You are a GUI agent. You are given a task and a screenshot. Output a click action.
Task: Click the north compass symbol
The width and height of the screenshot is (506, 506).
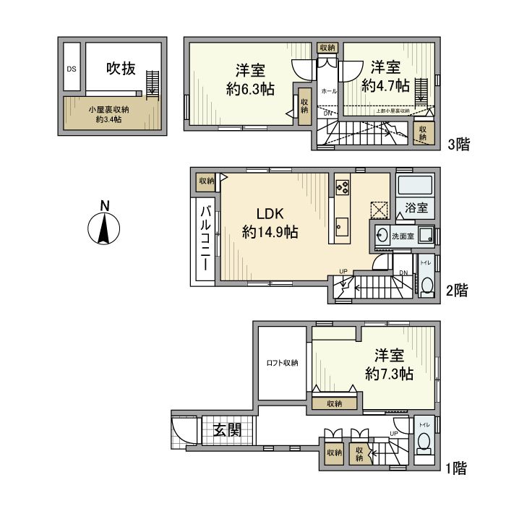(x=104, y=227)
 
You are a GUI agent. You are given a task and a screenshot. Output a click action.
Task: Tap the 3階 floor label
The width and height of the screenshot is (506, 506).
(x=458, y=144)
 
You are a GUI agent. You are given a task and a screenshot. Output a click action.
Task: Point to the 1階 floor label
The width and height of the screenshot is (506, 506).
(x=456, y=468)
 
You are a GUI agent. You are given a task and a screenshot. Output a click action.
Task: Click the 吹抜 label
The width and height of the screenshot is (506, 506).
(x=121, y=69)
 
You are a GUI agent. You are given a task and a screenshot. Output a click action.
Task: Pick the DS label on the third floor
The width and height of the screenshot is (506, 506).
(x=72, y=69)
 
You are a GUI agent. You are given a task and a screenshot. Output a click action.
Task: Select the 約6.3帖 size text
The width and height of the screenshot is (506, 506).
(x=249, y=89)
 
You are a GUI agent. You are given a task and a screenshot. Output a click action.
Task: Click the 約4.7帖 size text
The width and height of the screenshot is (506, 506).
(x=385, y=85)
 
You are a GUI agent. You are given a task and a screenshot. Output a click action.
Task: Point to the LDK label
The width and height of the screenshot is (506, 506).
(x=272, y=214)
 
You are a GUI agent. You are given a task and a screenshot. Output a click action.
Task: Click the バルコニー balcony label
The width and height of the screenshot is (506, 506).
(x=205, y=238)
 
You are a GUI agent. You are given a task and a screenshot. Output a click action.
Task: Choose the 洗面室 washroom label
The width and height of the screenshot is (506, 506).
(x=403, y=236)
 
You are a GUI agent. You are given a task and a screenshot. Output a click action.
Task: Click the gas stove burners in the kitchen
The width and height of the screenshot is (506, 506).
(x=343, y=187)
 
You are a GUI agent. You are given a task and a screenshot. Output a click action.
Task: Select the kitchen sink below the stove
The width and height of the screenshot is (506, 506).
(x=342, y=228)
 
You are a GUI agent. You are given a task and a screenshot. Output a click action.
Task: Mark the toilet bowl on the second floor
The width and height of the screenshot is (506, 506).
(x=426, y=285)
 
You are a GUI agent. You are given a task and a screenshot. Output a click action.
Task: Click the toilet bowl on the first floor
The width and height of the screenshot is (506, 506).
(x=424, y=444)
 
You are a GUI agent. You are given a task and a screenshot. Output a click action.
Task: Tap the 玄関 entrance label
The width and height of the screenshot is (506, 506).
(x=226, y=432)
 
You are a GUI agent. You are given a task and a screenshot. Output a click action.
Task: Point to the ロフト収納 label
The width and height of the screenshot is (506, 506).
(x=283, y=363)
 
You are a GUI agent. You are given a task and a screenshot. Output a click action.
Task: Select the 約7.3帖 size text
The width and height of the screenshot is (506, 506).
(x=389, y=374)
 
